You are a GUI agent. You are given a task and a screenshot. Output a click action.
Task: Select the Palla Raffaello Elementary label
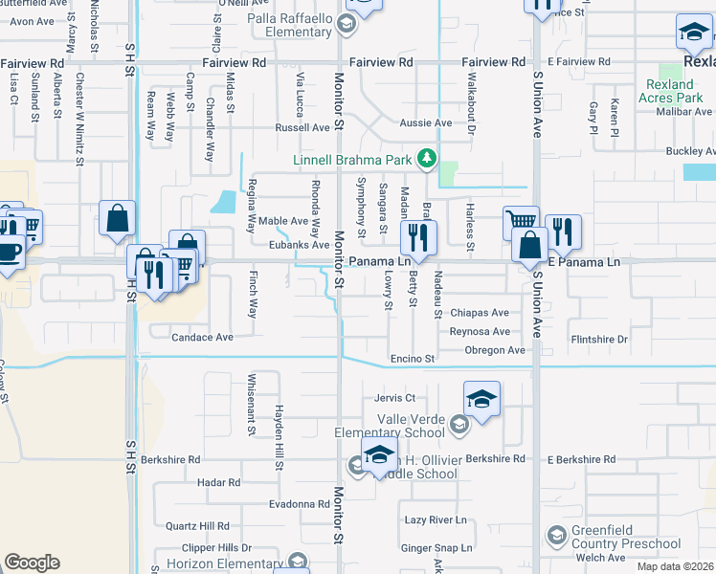(x=289, y=25)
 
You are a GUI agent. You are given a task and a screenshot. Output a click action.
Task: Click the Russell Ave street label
(x=302, y=127)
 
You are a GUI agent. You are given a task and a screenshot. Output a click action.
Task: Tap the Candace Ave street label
(x=202, y=338)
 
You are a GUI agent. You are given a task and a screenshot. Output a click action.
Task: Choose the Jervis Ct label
(x=395, y=397)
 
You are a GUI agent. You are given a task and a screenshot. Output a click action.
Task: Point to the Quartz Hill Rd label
(x=197, y=526)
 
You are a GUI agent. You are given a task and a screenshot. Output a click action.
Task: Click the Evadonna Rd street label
(x=300, y=504)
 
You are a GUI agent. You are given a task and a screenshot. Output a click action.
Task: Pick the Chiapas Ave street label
(x=480, y=313)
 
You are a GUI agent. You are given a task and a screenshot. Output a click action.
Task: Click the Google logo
(x=33, y=562)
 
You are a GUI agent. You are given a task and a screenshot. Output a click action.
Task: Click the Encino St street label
(x=413, y=359)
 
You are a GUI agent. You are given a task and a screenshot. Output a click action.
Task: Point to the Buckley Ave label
(x=690, y=151)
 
